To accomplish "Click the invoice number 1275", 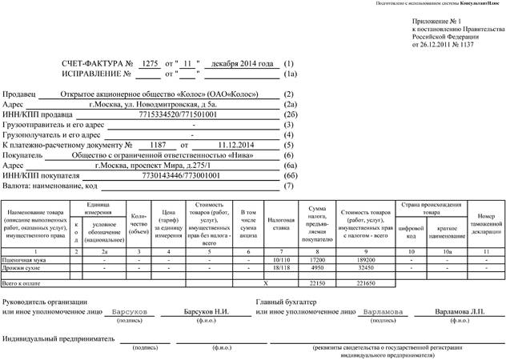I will coord(148,62).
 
